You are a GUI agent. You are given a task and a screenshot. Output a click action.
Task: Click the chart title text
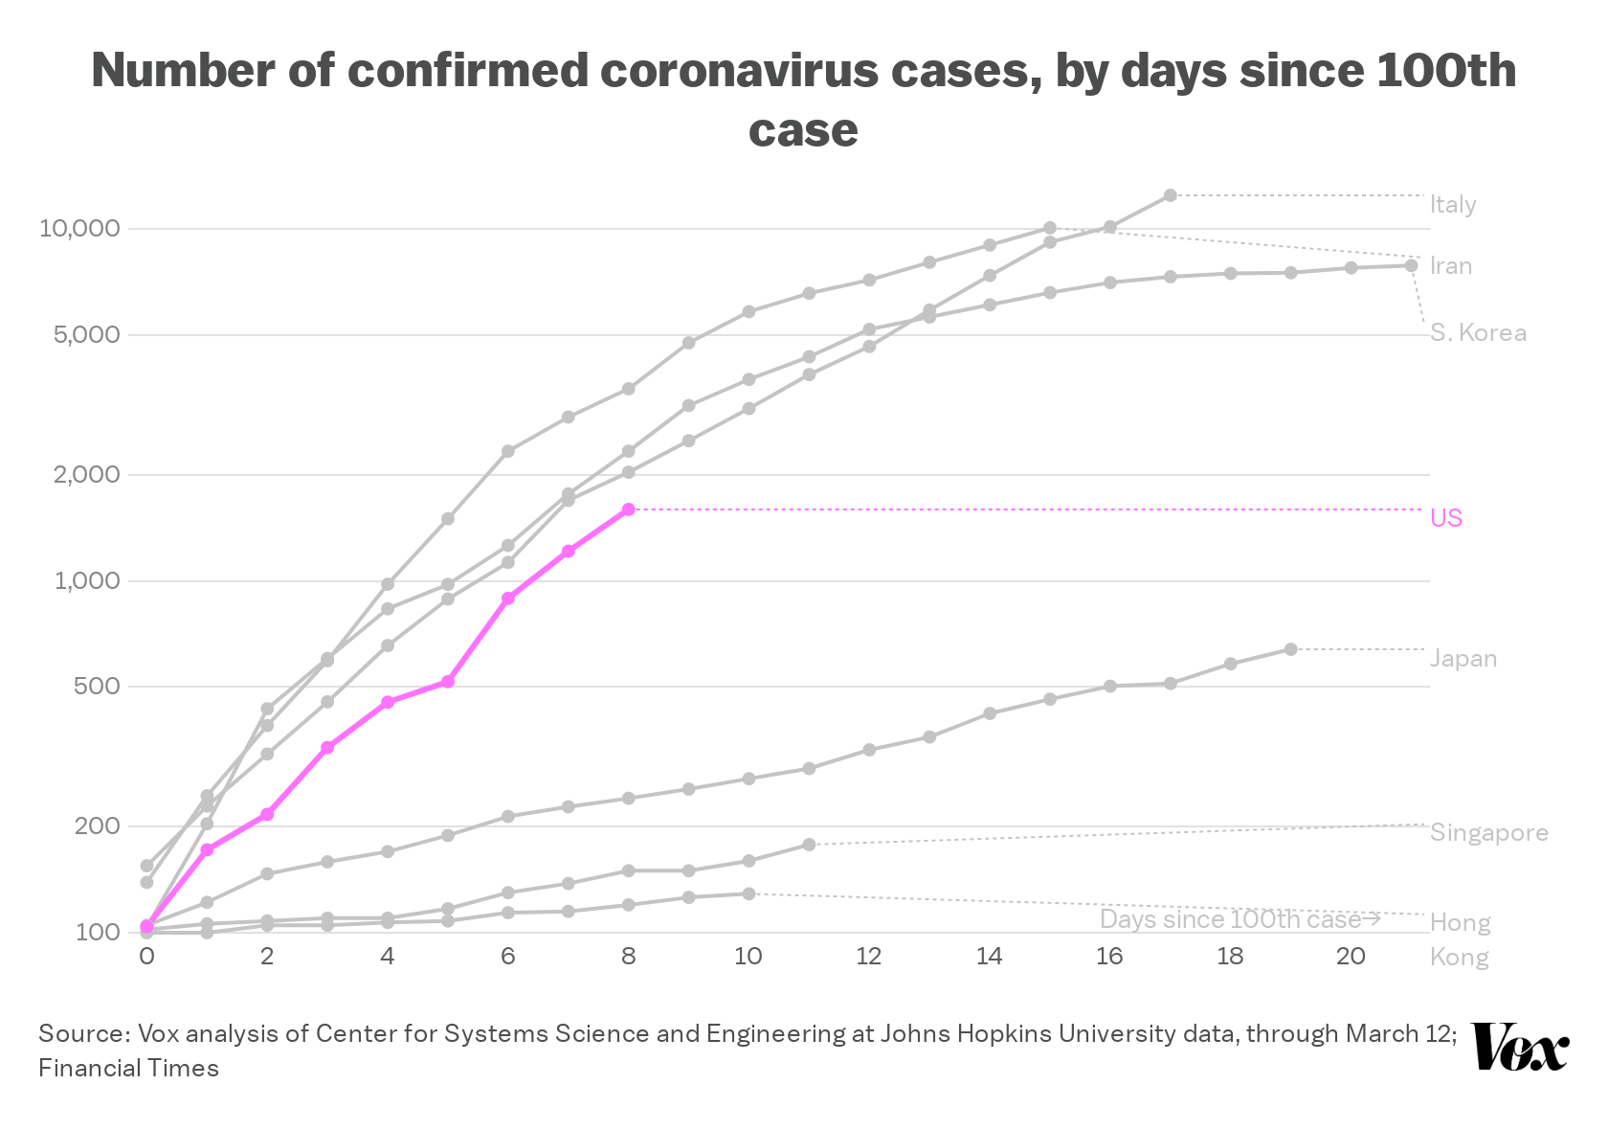click(803, 100)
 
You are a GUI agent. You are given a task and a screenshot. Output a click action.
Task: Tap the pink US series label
click(1445, 518)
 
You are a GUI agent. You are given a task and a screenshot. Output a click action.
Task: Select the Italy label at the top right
click(1453, 205)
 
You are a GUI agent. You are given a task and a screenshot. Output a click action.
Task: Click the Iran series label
click(1451, 266)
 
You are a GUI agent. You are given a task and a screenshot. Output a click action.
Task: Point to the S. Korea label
click(1478, 332)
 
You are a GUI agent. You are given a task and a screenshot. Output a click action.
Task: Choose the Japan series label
click(1463, 659)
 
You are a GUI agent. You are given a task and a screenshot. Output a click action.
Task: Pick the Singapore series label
click(1489, 832)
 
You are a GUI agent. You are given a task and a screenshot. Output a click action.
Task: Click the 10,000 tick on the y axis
click(79, 229)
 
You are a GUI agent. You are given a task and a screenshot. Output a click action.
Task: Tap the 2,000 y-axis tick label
click(87, 474)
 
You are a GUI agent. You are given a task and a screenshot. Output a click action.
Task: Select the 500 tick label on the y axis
click(97, 686)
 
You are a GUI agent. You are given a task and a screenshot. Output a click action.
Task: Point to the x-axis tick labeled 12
click(869, 956)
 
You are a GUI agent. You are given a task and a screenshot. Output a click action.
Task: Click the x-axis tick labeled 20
click(1351, 956)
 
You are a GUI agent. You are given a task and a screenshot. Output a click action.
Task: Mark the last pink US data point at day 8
click(628, 509)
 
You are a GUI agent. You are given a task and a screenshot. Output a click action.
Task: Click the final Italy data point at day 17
click(1170, 195)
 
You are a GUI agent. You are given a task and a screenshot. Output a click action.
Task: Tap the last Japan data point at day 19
click(1290, 649)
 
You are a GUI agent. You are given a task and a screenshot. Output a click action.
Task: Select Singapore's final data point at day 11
click(809, 844)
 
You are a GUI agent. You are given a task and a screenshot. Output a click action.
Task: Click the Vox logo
click(1520, 1047)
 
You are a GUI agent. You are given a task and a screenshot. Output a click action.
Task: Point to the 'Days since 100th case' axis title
click(1239, 919)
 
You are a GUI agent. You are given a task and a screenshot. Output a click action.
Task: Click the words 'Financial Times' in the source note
click(128, 1068)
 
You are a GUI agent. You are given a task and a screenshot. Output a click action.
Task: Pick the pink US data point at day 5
click(447, 681)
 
